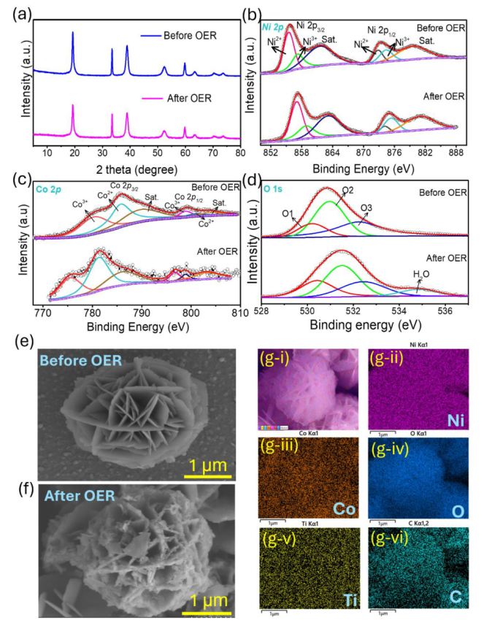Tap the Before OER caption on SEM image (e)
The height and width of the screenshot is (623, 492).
[x=80, y=361]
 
